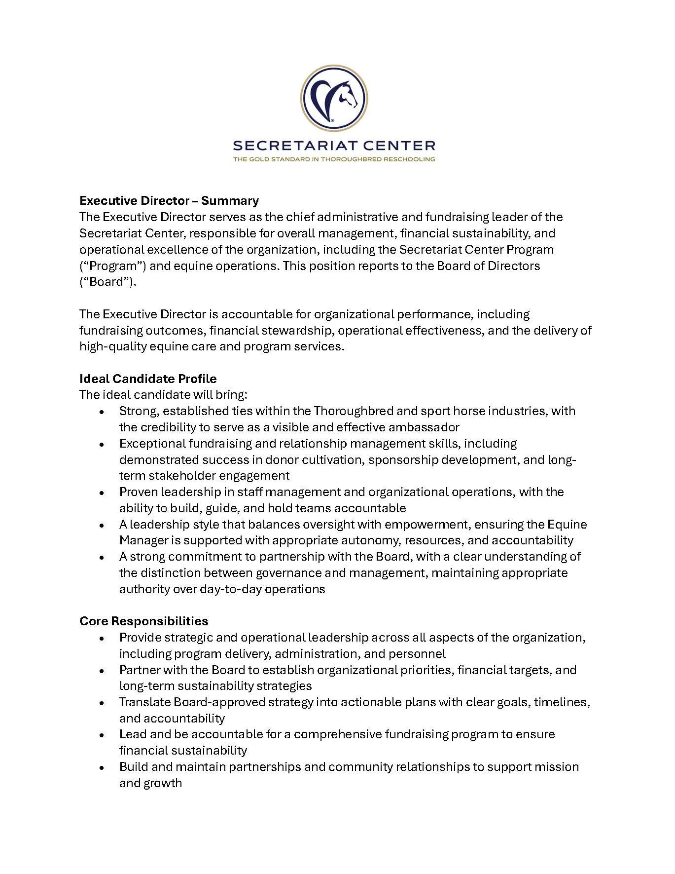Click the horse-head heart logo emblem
333,98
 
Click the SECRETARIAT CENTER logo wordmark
333,146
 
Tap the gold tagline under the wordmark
333,159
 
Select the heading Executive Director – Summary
169,200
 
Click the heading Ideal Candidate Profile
148,379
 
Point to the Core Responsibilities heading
143,621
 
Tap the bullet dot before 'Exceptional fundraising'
102,444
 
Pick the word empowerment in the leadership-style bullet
451,524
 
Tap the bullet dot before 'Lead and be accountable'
102,735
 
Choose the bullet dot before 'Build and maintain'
102,767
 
